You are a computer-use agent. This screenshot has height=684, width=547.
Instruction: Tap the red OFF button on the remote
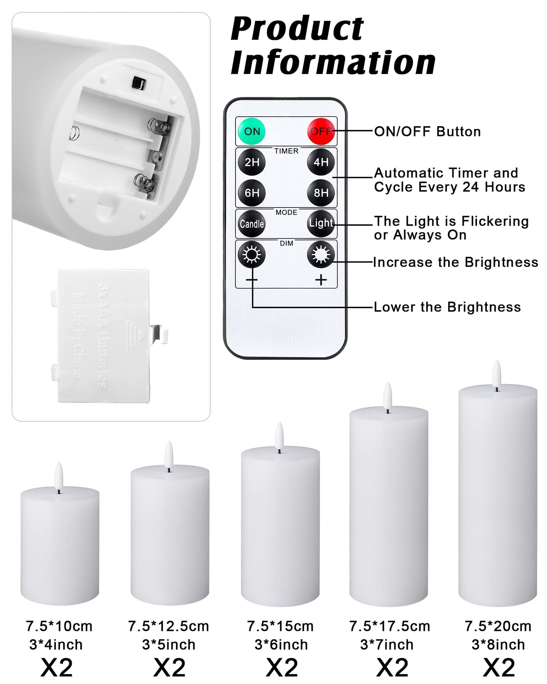coord(321,131)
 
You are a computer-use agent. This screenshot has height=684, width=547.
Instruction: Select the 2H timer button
coord(252,162)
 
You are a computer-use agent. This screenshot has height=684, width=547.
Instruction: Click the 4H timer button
coord(321,162)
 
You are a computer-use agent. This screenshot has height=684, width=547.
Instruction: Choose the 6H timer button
coord(252,193)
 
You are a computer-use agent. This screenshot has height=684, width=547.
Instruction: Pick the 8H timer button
coord(321,193)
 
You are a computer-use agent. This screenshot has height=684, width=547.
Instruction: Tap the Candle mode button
coord(252,224)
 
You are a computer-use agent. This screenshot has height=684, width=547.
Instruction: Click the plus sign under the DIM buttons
coord(321,280)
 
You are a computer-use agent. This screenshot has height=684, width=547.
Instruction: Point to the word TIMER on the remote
coord(286,151)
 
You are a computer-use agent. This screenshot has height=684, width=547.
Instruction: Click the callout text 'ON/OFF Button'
coord(427,131)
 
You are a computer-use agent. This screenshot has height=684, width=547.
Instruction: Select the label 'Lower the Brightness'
coord(447,307)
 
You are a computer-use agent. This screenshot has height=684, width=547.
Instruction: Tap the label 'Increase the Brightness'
coord(455,262)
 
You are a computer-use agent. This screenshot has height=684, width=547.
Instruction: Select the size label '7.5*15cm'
coord(280,626)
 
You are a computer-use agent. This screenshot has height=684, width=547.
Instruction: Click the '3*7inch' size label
coord(386,644)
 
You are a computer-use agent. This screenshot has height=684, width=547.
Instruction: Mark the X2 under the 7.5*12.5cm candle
coord(169,667)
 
